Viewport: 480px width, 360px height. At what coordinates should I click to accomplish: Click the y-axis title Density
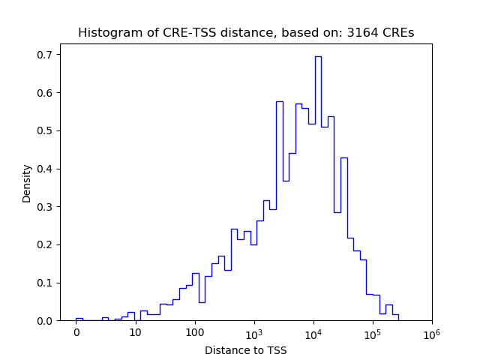(x=27, y=183)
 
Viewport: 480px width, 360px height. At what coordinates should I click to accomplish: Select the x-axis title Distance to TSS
(x=246, y=350)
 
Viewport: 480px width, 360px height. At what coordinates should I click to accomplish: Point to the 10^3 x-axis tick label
(x=253, y=331)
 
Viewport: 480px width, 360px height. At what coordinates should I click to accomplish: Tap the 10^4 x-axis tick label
(x=313, y=331)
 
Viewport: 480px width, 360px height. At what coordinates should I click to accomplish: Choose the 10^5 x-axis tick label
(x=372, y=331)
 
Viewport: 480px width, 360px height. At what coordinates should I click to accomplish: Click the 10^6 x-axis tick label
(x=431, y=331)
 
